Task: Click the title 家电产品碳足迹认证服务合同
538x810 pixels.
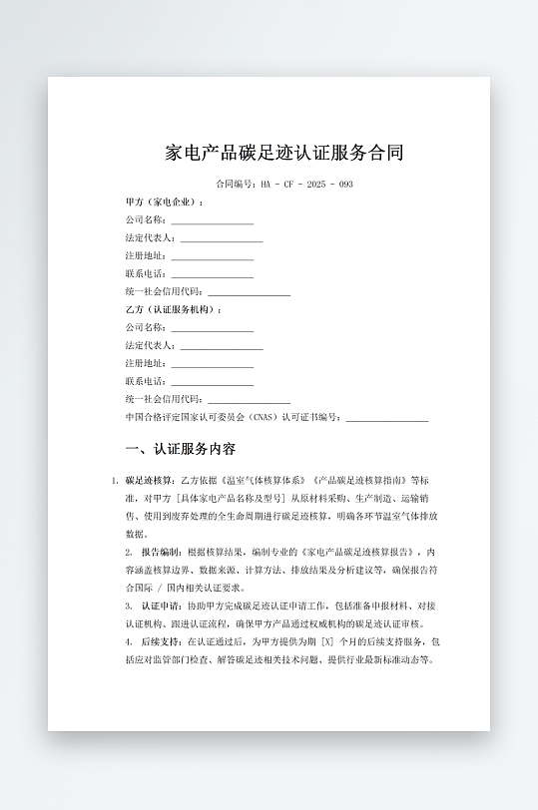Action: click(284, 154)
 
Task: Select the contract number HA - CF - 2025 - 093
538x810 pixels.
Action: click(306, 185)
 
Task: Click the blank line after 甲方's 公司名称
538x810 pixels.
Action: click(212, 220)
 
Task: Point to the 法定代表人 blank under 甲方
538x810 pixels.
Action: click(221, 238)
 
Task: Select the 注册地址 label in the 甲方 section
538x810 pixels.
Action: click(145, 256)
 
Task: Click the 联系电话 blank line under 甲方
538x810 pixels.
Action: click(212, 274)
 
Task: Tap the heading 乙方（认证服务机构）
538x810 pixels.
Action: click(174, 310)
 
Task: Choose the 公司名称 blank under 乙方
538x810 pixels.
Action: click(212, 328)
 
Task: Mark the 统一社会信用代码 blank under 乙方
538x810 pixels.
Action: click(249, 399)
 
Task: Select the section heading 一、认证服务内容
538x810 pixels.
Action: click(181, 450)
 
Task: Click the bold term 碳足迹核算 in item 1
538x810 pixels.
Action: click(149, 480)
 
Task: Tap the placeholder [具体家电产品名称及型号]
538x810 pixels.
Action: click(232, 498)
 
